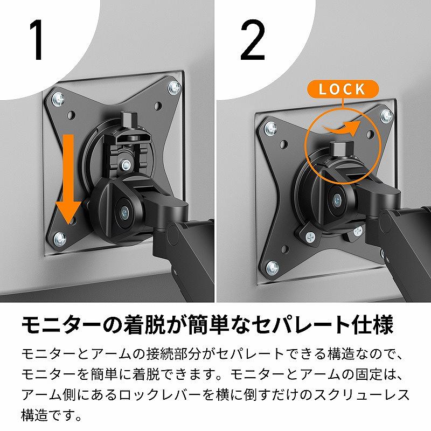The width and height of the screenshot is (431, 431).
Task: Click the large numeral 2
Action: pyautogui.click(x=253, y=39)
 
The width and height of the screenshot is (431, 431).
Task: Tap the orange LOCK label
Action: pyautogui.click(x=343, y=89)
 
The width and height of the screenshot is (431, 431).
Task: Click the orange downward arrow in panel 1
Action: pyautogui.click(x=68, y=179)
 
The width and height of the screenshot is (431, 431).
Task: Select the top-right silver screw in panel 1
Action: pyautogui.click(x=175, y=87)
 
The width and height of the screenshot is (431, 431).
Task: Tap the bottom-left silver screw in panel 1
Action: pyautogui.click(x=60, y=239)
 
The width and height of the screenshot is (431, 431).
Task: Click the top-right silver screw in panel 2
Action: pyautogui.click(x=386, y=116)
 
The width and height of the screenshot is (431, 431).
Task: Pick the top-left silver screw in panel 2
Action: pyautogui.click(x=271, y=128)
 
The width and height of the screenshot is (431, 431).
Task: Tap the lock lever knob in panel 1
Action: pyautogui.click(x=130, y=119)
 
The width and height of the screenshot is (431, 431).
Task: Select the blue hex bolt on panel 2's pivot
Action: pyautogui.click(x=337, y=201)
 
